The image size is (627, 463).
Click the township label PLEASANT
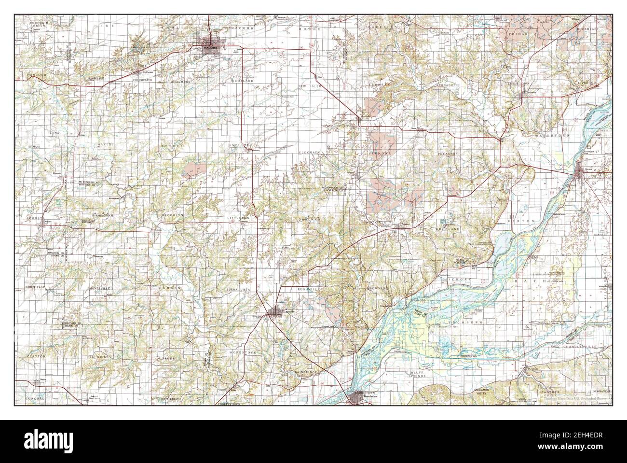447,153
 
